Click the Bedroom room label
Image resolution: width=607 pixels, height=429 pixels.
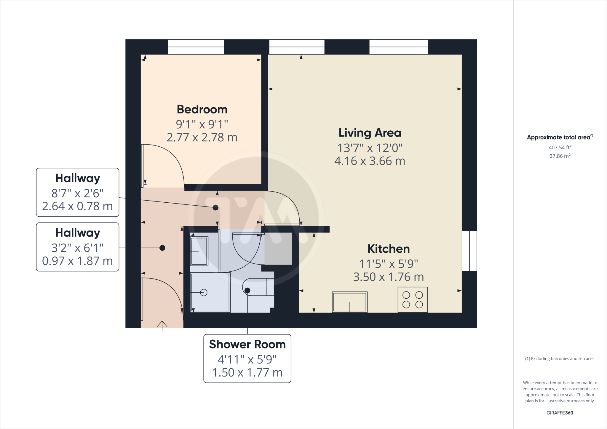pos(202,110)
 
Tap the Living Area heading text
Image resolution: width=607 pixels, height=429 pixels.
pos(370,133)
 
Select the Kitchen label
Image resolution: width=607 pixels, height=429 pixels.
pos(388,249)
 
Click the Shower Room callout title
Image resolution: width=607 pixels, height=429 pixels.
pos(247,344)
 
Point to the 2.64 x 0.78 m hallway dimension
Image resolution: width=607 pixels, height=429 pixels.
pos(77,206)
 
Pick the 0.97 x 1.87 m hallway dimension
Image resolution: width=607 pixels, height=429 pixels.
pos(77,261)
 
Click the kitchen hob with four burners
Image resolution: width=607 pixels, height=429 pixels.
pos(412,300)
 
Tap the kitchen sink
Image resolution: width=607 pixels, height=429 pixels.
pos(350,302)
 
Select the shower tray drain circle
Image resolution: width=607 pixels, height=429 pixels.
pos(204,292)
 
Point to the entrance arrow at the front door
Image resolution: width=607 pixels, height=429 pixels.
pos(162,326)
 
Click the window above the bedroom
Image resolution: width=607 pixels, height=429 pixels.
pos(196,47)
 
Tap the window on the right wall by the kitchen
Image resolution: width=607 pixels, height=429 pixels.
pos(469,251)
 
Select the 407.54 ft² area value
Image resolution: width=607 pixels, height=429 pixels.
pos(560,147)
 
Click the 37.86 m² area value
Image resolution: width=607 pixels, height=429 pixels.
pos(560,156)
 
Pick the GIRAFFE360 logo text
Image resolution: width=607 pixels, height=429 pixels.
pos(560,413)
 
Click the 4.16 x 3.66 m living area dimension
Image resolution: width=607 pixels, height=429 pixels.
pos(370,161)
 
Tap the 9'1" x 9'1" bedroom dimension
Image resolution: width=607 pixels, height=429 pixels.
pos(202,124)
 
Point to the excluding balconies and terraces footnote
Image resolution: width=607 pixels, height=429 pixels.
pos(560,358)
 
